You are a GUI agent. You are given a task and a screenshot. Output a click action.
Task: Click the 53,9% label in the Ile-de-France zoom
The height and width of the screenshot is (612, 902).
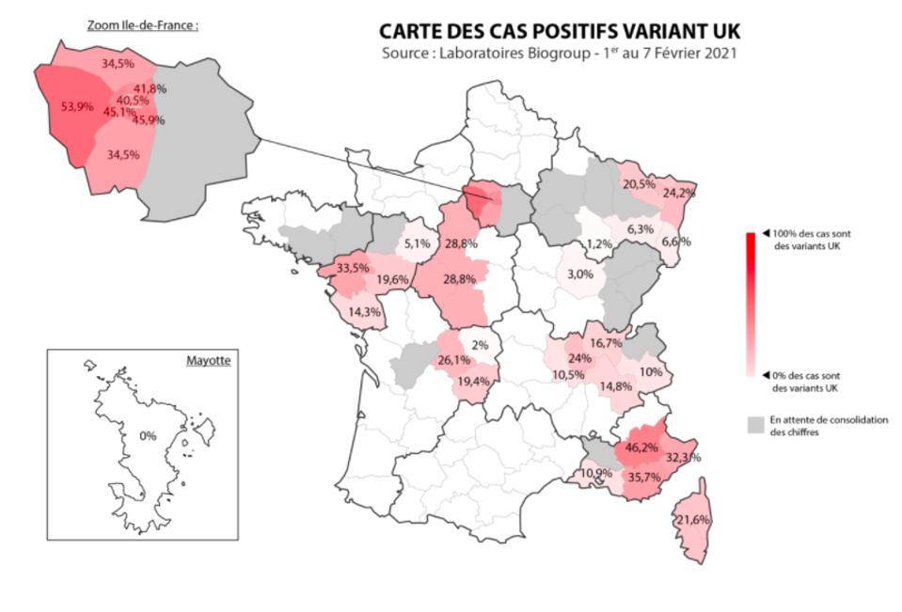click(77, 107)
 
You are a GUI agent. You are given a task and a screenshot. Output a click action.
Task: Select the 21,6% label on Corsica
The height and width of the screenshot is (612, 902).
click(692, 520)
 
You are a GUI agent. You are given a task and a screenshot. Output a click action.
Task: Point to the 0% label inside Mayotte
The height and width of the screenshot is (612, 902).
click(147, 436)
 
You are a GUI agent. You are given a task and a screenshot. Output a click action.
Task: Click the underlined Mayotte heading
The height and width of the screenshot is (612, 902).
click(208, 360)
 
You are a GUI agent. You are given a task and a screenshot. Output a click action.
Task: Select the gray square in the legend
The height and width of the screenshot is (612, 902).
click(754, 426)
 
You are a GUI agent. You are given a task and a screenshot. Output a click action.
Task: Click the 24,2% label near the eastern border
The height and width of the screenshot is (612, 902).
click(680, 193)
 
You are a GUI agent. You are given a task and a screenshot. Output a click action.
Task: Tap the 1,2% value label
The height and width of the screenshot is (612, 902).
click(599, 244)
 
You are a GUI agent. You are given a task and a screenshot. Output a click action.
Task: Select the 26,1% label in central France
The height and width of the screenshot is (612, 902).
click(454, 360)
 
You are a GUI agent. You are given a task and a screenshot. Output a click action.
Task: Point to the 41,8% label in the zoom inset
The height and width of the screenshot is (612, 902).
click(150, 88)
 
